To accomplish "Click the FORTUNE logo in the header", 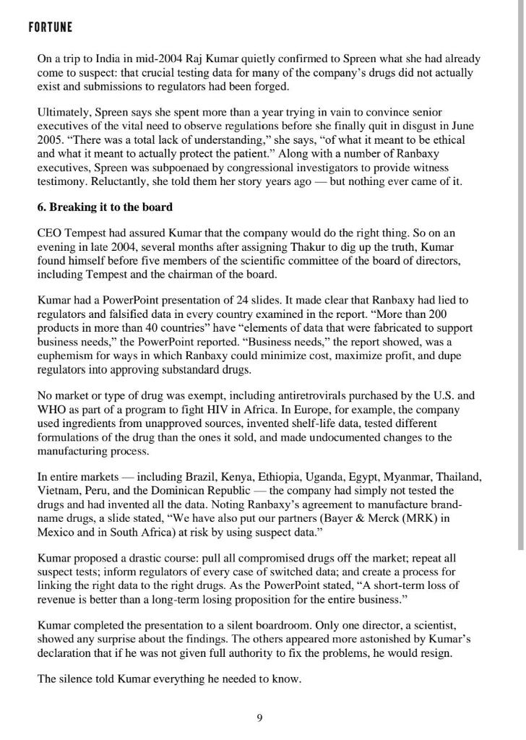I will coord(50,28).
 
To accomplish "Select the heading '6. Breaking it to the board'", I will coord(105,207).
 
